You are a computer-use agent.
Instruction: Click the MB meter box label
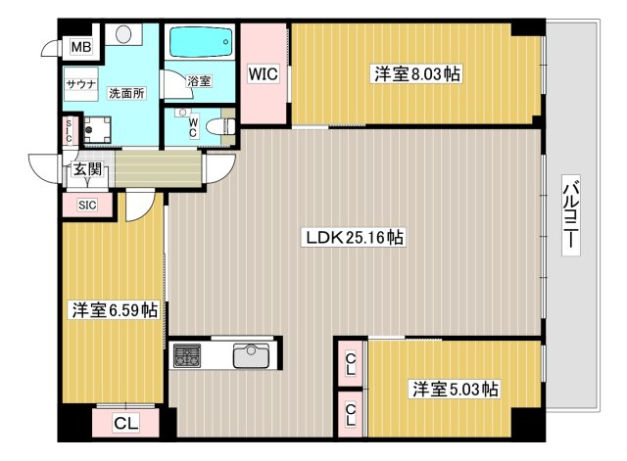pyautogui.click(x=81, y=47)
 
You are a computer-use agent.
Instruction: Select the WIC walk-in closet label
pyautogui.click(x=263, y=74)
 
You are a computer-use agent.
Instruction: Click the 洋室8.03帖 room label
pyautogui.click(x=416, y=74)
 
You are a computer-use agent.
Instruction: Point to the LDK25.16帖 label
pyautogui.click(x=354, y=238)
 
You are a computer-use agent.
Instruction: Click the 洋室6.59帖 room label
pyautogui.click(x=115, y=310)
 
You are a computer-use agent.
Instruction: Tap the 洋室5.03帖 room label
pyautogui.click(x=455, y=389)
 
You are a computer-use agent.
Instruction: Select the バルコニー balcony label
pyautogui.click(x=570, y=215)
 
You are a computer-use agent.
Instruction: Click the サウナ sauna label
pyautogui.click(x=81, y=84)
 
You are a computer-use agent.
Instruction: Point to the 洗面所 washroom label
pyautogui.click(x=126, y=93)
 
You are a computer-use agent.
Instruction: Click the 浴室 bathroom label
pyautogui.click(x=199, y=81)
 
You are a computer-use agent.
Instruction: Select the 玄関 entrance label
pyautogui.click(x=87, y=169)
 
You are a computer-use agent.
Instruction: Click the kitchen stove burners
pyautogui.click(x=187, y=355)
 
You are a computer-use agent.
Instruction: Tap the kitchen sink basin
pyautogui.click(x=251, y=355)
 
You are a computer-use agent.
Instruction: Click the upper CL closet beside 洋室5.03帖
pyautogui.click(x=351, y=363)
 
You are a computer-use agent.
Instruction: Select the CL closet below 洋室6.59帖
pyautogui.click(x=126, y=423)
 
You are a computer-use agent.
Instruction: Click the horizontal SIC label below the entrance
pyautogui.click(x=87, y=205)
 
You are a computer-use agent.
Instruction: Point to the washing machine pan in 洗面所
pyautogui.click(x=97, y=129)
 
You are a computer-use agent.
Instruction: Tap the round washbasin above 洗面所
pyautogui.click(x=123, y=33)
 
